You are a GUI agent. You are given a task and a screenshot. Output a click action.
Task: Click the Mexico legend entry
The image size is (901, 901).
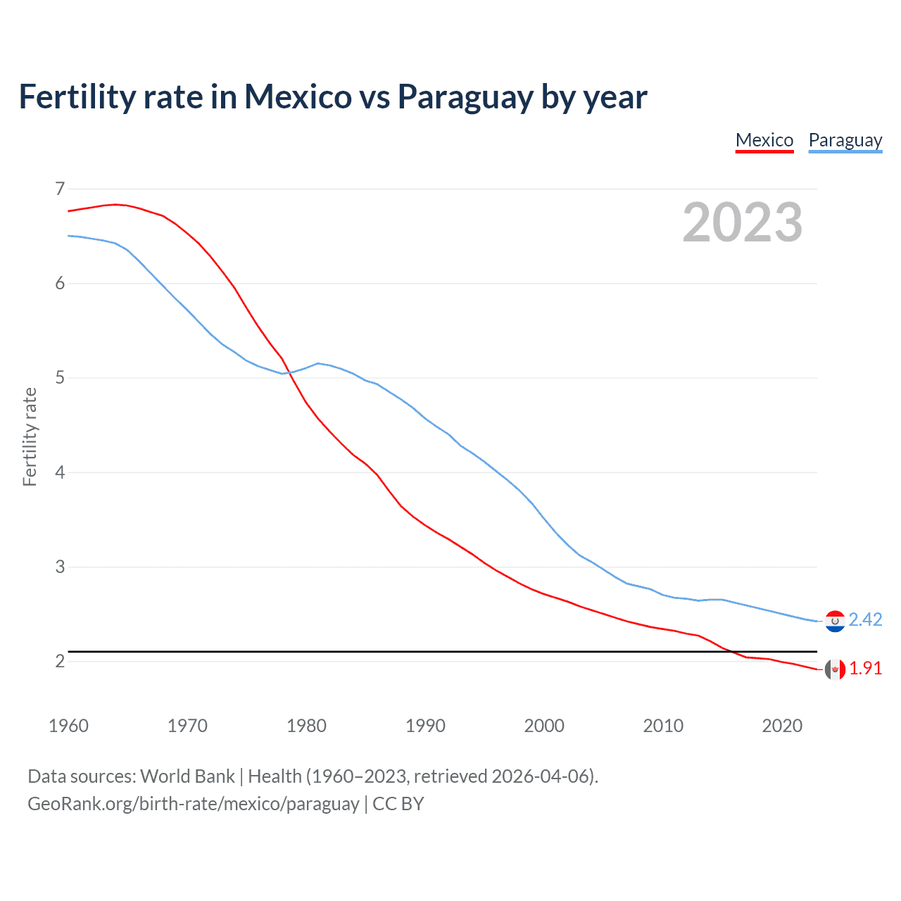point(764,140)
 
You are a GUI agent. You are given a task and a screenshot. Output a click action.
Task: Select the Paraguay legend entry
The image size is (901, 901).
point(845,140)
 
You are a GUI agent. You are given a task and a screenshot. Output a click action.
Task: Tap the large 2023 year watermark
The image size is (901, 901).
point(743,222)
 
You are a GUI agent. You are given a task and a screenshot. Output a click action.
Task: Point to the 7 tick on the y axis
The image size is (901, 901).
point(60,189)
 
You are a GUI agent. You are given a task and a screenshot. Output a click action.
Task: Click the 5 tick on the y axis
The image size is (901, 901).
point(60,378)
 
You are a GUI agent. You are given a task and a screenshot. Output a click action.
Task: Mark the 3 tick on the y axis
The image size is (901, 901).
point(60,567)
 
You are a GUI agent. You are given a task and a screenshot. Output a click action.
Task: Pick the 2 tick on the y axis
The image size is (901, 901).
point(60,661)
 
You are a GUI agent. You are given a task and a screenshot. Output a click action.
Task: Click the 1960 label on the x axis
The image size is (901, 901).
point(68,726)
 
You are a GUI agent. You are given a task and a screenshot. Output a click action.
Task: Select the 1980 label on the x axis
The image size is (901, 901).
point(306,726)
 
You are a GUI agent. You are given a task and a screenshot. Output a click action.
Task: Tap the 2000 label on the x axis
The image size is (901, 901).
point(544,726)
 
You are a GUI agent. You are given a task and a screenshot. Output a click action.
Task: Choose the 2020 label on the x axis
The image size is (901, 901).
point(782,726)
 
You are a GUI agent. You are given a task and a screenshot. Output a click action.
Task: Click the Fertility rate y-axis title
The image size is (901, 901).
point(30,436)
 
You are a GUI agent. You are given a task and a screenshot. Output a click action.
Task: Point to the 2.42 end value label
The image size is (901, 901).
point(865,619)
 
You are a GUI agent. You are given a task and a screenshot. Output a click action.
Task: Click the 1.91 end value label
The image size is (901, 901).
point(865,668)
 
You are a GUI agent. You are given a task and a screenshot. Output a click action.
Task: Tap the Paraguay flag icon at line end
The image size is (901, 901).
point(835,621)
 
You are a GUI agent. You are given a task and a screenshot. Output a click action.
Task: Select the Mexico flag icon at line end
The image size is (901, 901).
point(835,669)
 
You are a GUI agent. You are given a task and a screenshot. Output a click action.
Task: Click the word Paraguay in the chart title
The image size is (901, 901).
point(465,97)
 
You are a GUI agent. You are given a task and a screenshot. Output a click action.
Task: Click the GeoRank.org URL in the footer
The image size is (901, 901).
point(194,804)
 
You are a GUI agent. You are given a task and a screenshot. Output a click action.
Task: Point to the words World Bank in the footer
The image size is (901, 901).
point(187,776)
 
